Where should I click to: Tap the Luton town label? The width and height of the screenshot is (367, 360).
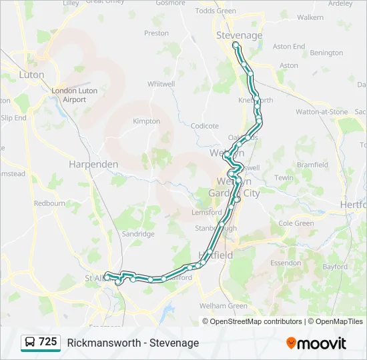click(x=31, y=75)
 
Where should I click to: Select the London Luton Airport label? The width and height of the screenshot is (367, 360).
click(x=75, y=95)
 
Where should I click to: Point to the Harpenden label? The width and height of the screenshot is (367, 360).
click(x=93, y=164)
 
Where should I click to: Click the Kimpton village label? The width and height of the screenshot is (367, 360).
click(x=147, y=121)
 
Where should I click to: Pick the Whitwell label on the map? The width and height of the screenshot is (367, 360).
click(x=161, y=84)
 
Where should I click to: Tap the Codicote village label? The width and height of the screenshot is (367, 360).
click(x=205, y=125)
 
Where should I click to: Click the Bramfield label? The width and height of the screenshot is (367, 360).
click(x=312, y=165)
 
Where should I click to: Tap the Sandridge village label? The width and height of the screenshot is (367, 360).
click(x=138, y=234)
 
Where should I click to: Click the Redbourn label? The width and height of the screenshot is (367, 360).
click(x=50, y=203)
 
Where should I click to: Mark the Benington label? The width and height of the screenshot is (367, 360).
click(x=326, y=53)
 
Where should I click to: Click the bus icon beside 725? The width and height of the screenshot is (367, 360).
click(x=30, y=342)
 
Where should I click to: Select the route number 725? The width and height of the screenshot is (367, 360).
click(x=47, y=342)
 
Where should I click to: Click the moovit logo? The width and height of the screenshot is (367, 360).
click(x=316, y=343)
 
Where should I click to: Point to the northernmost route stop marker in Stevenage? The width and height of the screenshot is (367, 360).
click(x=235, y=45)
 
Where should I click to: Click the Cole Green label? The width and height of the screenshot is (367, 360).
click(x=296, y=223)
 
